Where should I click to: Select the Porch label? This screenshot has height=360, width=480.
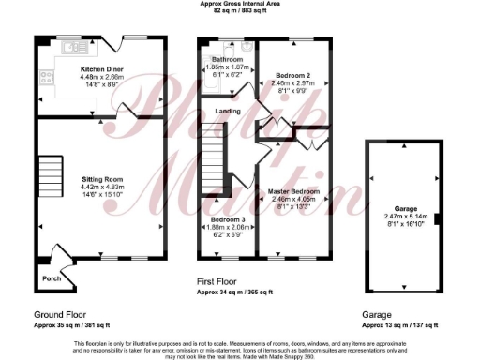[x=50, y=278]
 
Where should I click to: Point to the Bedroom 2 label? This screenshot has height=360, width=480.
[x=292, y=73]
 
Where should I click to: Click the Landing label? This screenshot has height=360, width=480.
[x=227, y=112]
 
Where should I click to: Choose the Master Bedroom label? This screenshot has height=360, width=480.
[x=292, y=191]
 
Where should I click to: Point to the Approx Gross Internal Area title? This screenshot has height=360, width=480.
[x=240, y=4]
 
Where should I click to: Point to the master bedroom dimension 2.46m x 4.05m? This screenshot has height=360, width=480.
[x=292, y=199]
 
